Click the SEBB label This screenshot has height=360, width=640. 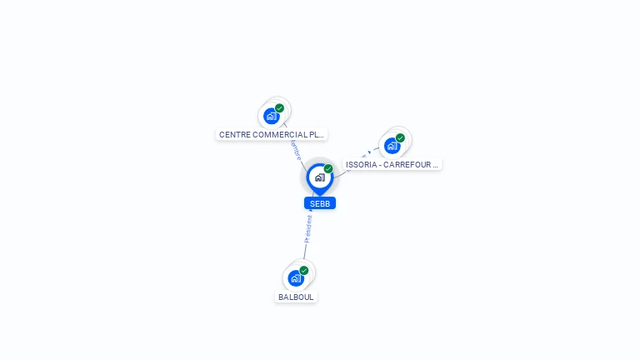[x=320, y=203]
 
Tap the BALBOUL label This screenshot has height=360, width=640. [x=296, y=297]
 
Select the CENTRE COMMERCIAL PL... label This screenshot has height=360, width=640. [x=271, y=134]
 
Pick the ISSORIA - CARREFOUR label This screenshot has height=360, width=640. [x=392, y=165]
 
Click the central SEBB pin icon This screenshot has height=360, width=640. [x=319, y=177]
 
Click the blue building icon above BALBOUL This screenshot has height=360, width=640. [x=295, y=278]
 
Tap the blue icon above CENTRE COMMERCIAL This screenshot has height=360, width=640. [x=271, y=116]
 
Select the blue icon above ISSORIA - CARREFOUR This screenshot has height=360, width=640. [x=392, y=146]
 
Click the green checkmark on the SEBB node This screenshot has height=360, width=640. [x=328, y=169]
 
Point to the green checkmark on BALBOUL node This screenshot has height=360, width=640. [x=304, y=270]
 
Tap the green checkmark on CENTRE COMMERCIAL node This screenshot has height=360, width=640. [x=280, y=107]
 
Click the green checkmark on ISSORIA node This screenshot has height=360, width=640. [x=401, y=137]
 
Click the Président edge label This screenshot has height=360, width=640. [x=308, y=228]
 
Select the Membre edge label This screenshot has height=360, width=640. [x=295, y=149]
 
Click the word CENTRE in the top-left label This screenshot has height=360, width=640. [x=233, y=134]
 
